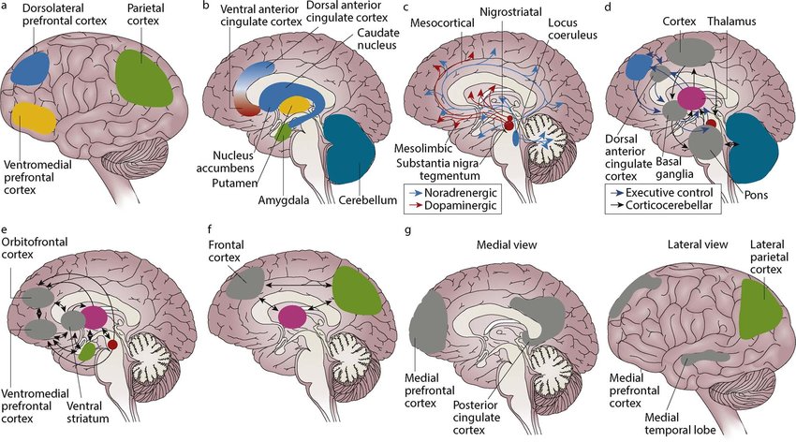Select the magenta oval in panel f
(293, 317)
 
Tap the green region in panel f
(355, 290)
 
